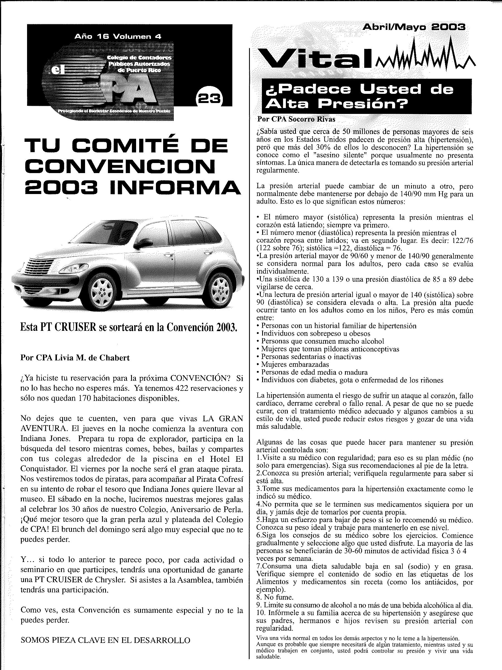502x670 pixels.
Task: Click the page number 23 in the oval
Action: (x=209, y=99)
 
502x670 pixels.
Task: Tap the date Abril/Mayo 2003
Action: (x=414, y=27)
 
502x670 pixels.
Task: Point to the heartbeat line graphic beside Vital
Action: (x=424, y=54)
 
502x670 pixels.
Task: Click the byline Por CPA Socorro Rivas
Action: (x=296, y=119)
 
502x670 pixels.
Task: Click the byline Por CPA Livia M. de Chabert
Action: (x=75, y=358)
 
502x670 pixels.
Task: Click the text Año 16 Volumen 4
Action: (x=118, y=37)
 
